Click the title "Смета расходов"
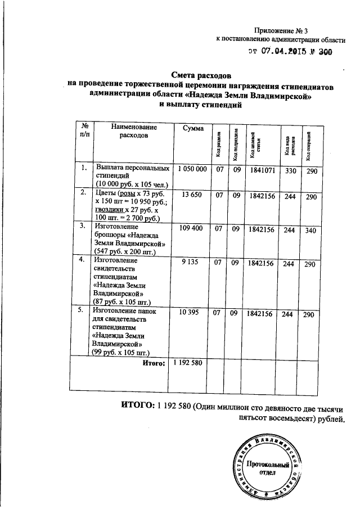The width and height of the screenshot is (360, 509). click(201, 75)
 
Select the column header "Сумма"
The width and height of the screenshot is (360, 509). click(193, 129)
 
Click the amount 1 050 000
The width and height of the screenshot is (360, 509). click(193, 169)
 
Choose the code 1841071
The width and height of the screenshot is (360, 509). click(260, 169)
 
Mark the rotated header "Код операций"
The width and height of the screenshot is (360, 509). click(309, 146)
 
